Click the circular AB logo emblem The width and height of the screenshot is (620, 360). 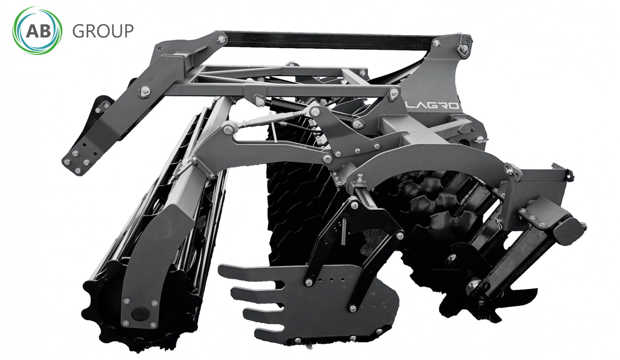(37, 31)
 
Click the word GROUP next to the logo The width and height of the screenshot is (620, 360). (103, 31)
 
